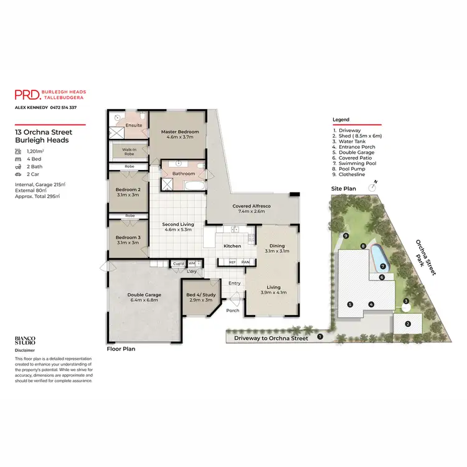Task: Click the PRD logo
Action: (x=28, y=95)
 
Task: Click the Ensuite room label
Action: (x=134, y=125)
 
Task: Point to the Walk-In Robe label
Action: (x=129, y=151)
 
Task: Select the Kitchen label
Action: (x=232, y=246)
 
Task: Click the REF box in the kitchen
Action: (x=232, y=263)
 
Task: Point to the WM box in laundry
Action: (x=192, y=263)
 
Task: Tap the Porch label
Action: (x=233, y=310)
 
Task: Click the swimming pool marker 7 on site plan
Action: (x=383, y=266)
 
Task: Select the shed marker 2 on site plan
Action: (x=408, y=323)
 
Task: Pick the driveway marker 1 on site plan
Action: (x=320, y=337)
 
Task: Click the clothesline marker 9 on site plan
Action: (x=345, y=235)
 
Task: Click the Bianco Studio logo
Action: (x=25, y=341)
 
